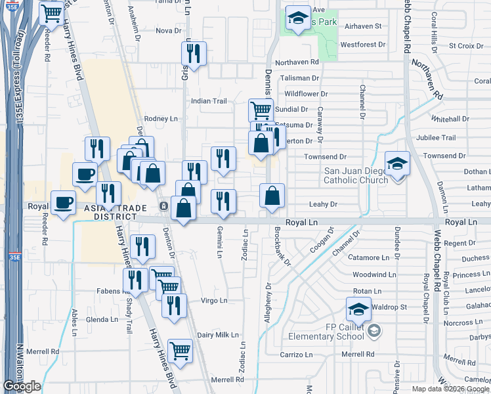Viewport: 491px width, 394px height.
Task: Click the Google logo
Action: click(22, 386)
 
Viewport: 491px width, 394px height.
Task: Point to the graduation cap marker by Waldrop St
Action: click(359, 308)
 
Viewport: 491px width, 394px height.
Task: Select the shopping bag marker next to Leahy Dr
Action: click(272, 196)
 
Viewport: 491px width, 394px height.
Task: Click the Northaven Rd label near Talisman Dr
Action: click(297, 62)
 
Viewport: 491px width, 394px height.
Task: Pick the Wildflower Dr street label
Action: click(306, 94)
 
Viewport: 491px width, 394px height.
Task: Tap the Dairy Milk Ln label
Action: click(218, 335)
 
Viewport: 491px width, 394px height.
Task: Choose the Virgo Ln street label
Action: click(213, 301)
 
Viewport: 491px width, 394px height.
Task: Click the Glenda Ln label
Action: click(102, 320)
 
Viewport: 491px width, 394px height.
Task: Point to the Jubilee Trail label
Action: click(439, 138)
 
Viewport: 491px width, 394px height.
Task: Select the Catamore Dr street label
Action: click(373, 258)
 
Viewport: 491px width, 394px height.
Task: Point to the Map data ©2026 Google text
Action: click(450, 388)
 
